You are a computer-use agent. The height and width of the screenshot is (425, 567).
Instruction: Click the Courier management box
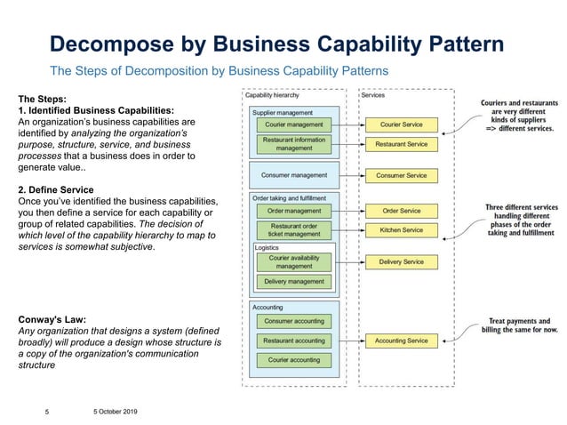pos(294,124)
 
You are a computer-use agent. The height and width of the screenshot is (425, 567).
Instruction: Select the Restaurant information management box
pos(294,144)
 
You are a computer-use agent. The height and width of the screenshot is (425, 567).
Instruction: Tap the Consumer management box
pos(294,175)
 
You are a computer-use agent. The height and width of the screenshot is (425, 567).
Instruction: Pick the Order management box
pos(294,211)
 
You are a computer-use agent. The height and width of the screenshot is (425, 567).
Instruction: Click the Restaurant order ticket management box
pos(294,230)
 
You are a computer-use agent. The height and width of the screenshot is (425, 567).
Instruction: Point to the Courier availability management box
pos(294,261)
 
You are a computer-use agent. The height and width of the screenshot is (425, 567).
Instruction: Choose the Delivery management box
pos(294,282)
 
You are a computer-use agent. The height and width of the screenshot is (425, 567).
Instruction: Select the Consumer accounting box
pos(294,321)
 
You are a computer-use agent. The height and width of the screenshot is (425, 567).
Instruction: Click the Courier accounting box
pos(294,360)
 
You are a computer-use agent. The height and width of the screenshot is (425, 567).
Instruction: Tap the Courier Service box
pos(401,124)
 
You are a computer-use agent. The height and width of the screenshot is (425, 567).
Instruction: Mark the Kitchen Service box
pos(401,230)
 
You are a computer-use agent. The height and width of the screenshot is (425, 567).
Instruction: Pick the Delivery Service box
pos(401,262)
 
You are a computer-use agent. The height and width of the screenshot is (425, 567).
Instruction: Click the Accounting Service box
pos(401,341)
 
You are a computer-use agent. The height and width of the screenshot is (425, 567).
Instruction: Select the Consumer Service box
pos(401,175)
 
